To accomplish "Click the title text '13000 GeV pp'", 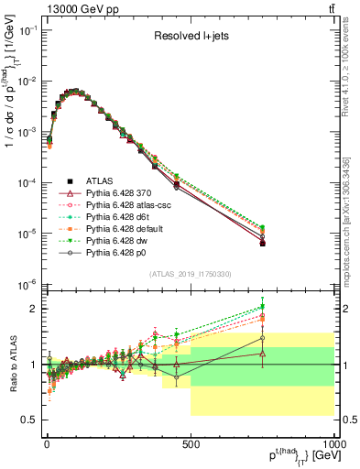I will point(70,8).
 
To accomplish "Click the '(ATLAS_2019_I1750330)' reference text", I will point(191,274).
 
